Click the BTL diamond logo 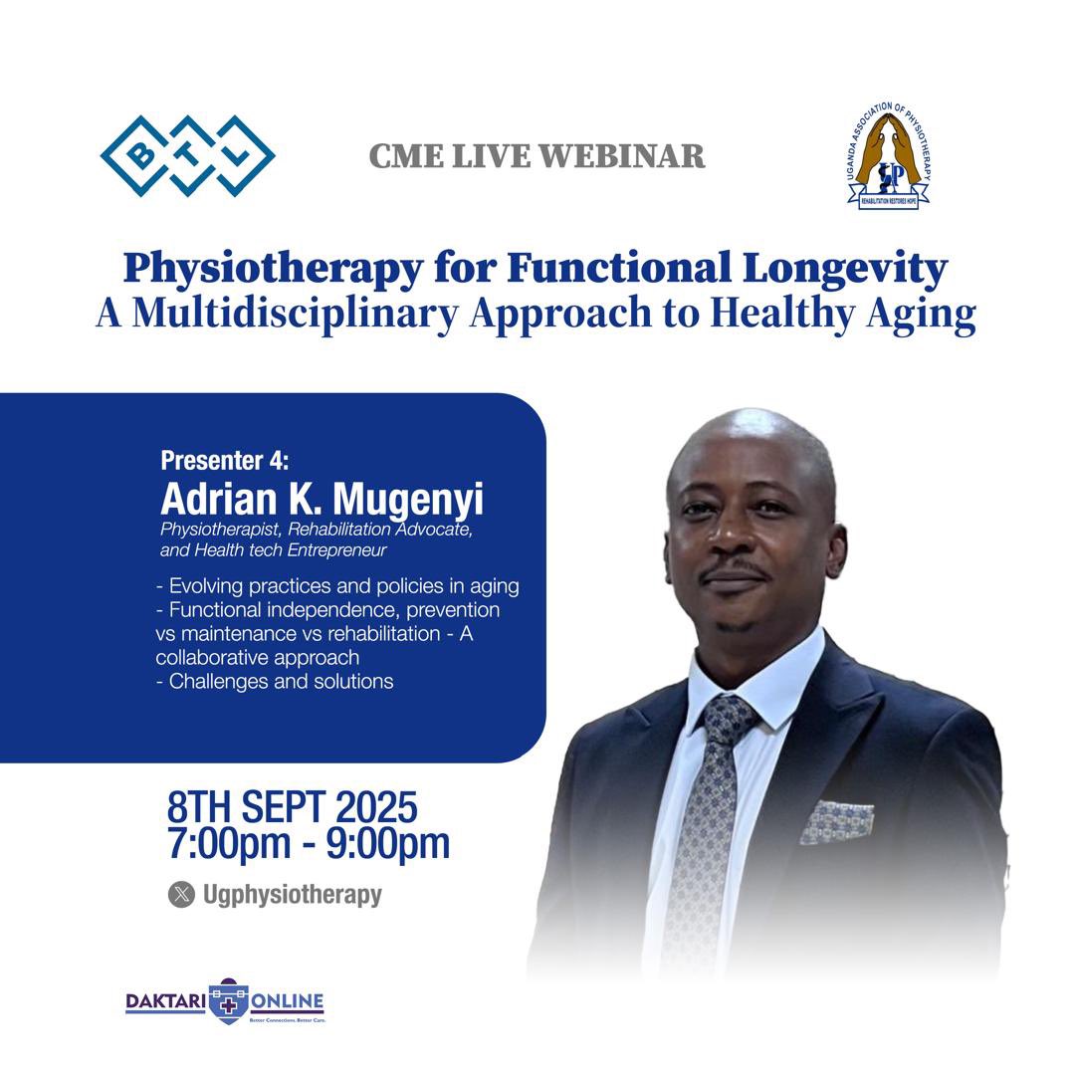tap(187, 155)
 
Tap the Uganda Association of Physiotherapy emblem tap(888, 156)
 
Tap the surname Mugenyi tap(408, 498)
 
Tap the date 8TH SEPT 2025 tap(292, 806)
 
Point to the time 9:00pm tap(382, 844)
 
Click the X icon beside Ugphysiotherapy tap(181, 895)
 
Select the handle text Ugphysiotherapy tap(292, 895)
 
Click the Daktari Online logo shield tap(228, 1001)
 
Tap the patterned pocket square tap(837, 821)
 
